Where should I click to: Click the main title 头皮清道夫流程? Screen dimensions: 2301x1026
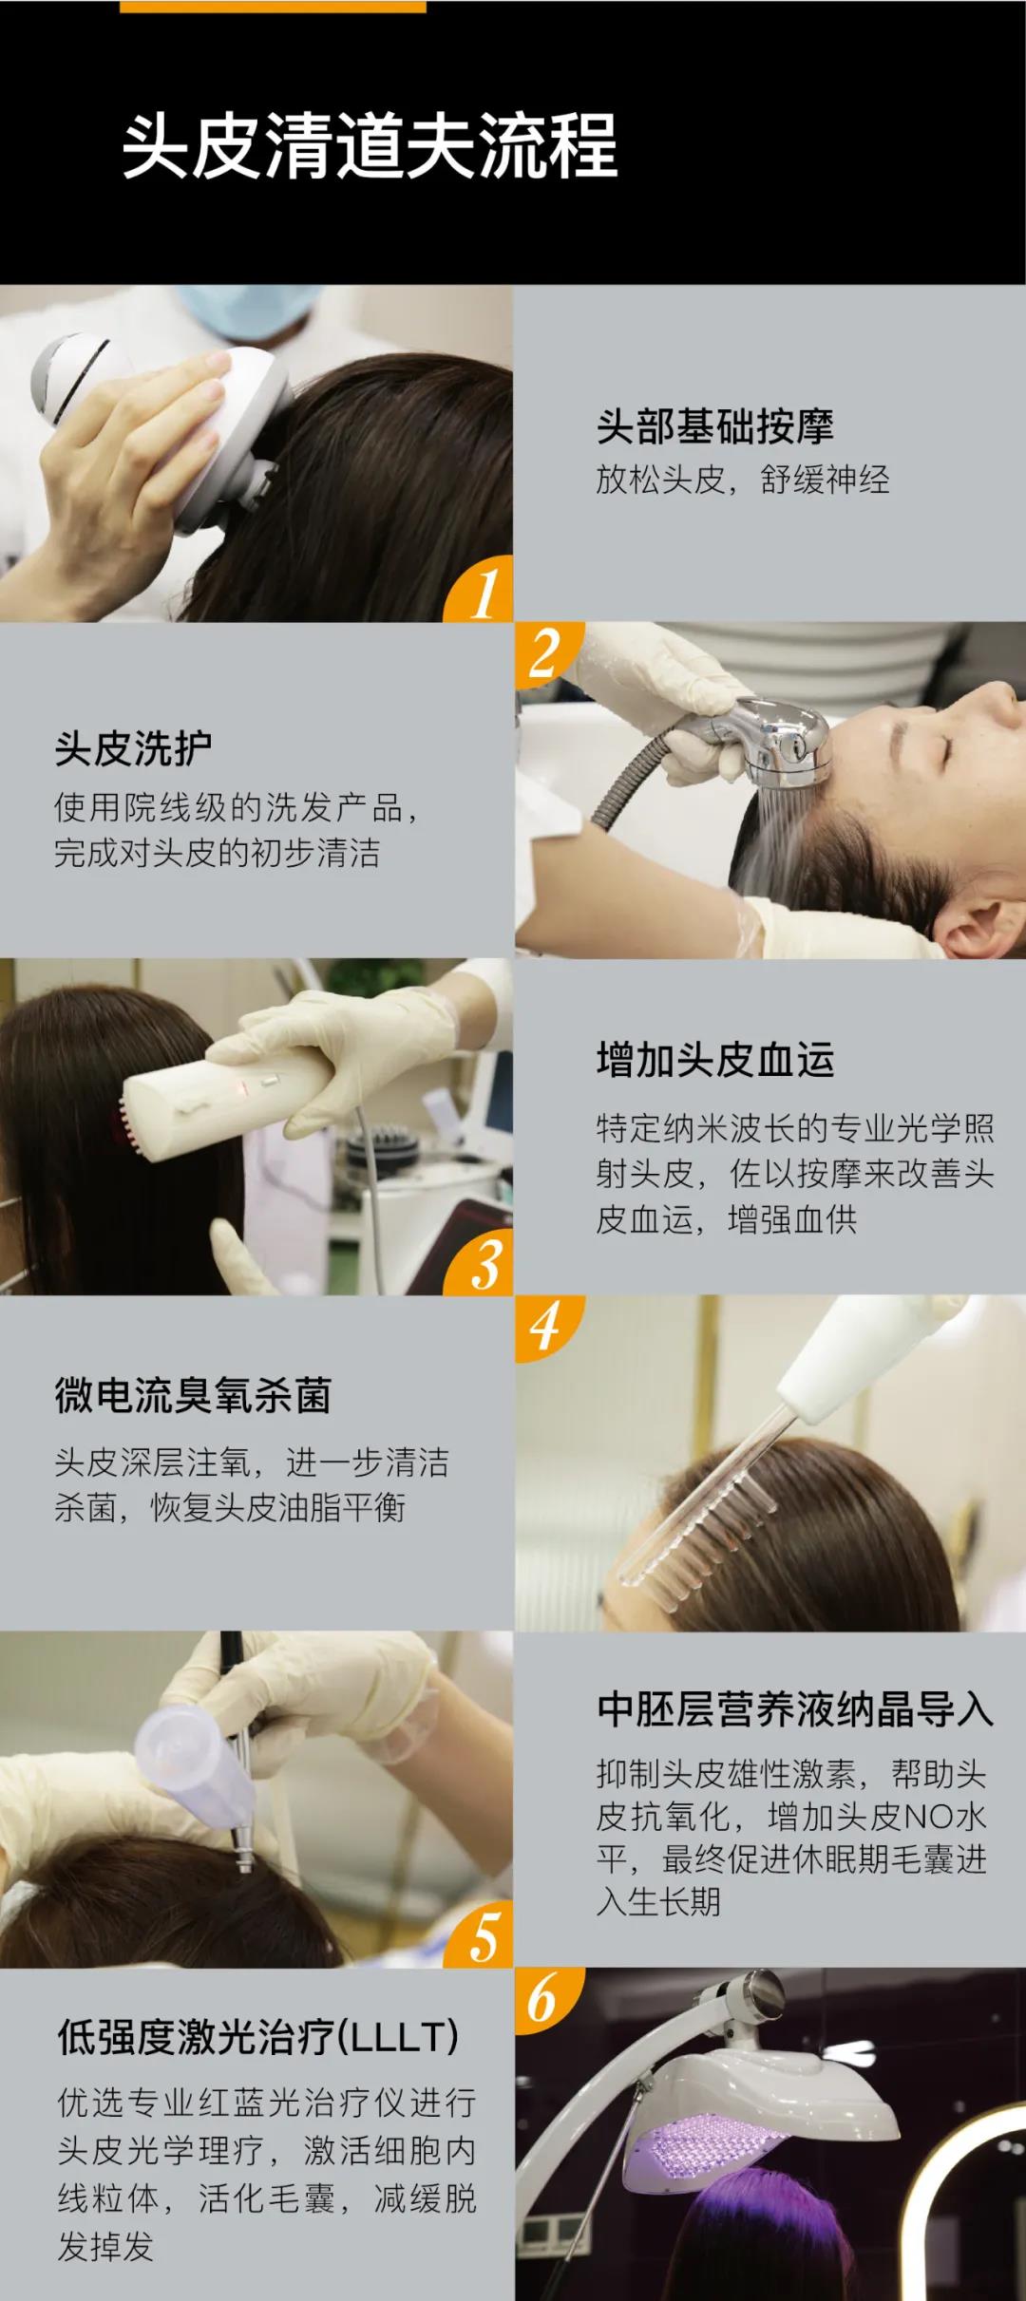click(x=370, y=147)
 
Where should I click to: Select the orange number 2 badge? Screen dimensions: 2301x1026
click(x=543, y=653)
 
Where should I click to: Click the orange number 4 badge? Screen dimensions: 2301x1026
click(x=543, y=1326)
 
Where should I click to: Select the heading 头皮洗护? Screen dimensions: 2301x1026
click(x=133, y=749)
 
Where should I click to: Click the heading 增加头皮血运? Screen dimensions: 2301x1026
click(x=714, y=1060)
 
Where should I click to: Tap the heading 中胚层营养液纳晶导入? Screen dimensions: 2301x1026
click(x=794, y=1709)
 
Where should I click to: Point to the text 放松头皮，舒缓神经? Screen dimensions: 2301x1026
click(x=742, y=480)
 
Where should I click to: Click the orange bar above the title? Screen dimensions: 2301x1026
click(x=274, y=6)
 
